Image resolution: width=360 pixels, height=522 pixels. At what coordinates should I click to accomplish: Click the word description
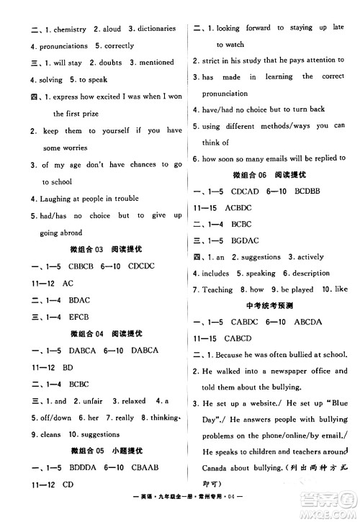click(310, 274)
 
